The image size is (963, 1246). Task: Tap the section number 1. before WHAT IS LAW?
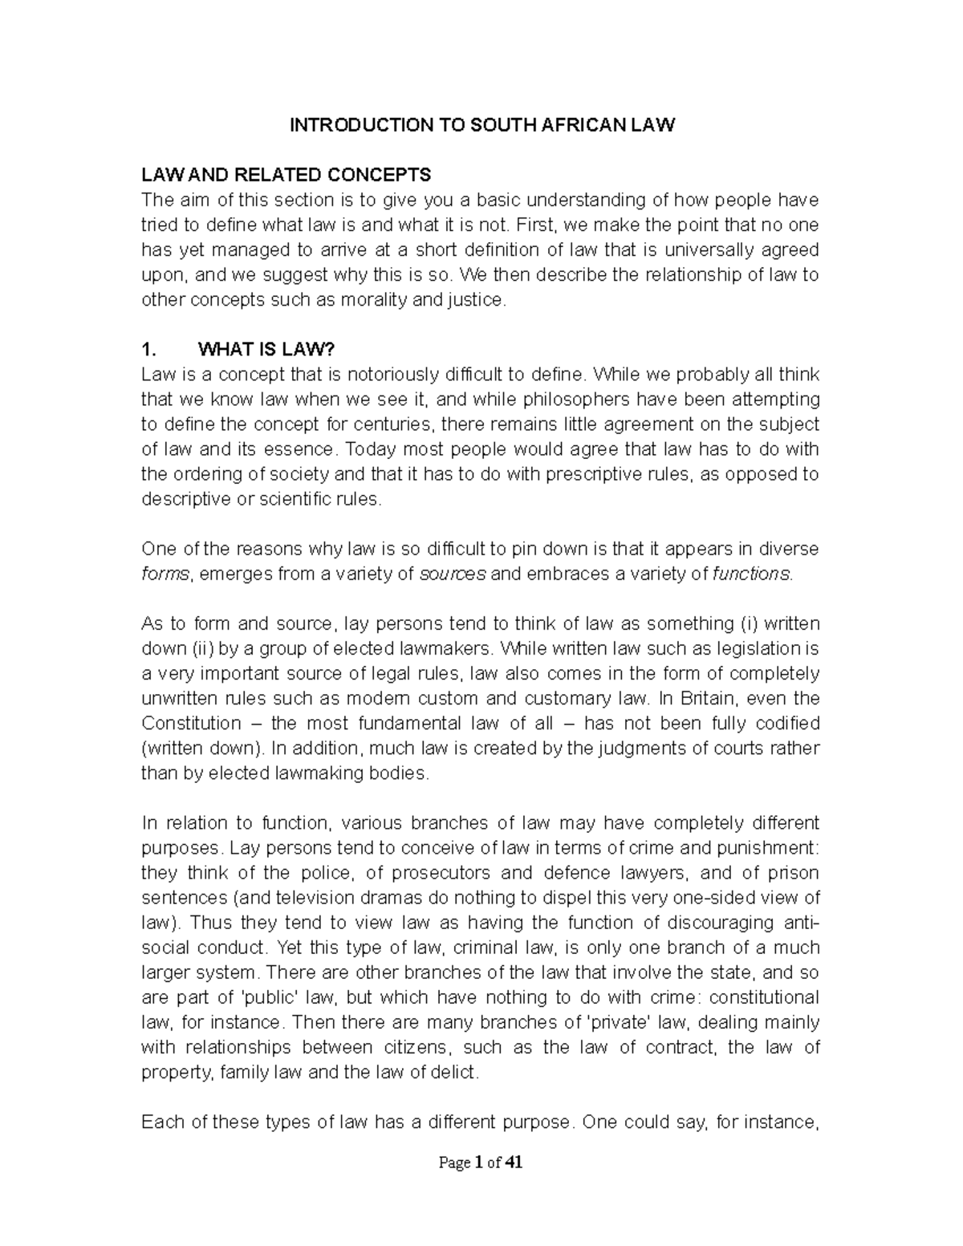click(147, 349)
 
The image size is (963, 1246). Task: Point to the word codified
click(781, 722)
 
